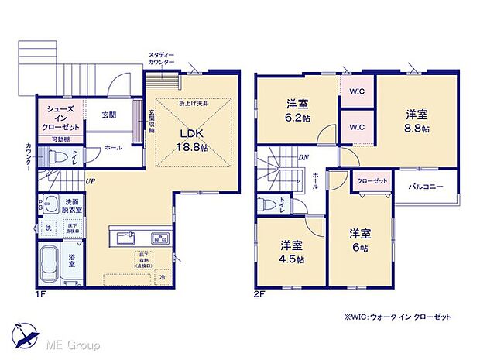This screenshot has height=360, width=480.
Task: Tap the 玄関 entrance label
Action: point(108,115)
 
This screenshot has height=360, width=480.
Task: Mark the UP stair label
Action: point(91,182)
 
